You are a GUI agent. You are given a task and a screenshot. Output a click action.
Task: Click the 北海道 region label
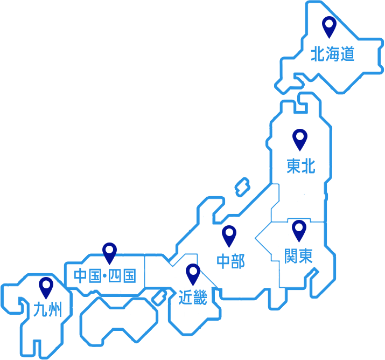pyautogui.click(x=332, y=54)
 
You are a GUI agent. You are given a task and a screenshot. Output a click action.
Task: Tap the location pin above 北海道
pyautogui.click(x=328, y=25)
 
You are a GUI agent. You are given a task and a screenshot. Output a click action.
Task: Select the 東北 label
pyautogui.click(x=300, y=167)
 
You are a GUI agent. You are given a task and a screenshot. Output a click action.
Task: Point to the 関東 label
pyautogui.click(x=298, y=256)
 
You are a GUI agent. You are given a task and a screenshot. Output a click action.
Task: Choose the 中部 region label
pyautogui.click(x=230, y=261)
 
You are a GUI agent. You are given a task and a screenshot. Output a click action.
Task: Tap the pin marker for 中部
pyautogui.click(x=229, y=234)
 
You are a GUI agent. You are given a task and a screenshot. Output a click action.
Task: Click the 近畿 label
pyautogui.click(x=193, y=297)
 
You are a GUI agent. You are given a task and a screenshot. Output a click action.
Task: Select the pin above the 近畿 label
pyautogui.click(x=193, y=273)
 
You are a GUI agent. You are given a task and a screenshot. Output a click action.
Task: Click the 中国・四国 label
pyautogui.click(x=105, y=276)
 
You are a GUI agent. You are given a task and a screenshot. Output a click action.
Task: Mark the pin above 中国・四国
pyautogui.click(x=110, y=252)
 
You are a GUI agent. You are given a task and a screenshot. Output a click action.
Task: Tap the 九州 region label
pyautogui.click(x=47, y=310)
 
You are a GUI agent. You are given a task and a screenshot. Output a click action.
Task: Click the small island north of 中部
pyautogui.click(x=242, y=186)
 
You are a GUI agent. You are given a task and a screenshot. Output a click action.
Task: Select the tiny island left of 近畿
pyautogui.click(x=158, y=297)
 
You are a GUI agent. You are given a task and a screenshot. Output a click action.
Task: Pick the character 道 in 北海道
pyautogui.click(x=347, y=54)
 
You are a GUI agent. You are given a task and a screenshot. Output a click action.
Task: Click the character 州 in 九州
pyautogui.click(x=55, y=310)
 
